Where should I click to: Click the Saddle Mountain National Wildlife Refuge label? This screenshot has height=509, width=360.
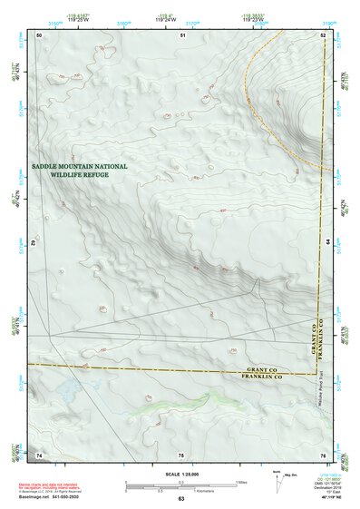pyautogui.click(x=80, y=171)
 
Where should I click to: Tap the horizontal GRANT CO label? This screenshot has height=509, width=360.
pyautogui.click(x=265, y=369)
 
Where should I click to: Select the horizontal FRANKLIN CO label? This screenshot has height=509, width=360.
pyautogui.click(x=265, y=377)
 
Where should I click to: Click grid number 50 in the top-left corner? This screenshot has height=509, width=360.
pyautogui.click(x=39, y=34)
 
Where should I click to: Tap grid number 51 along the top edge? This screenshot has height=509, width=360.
pyautogui.click(x=182, y=34)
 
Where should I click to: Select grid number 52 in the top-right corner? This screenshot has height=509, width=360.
pyautogui.click(x=323, y=34)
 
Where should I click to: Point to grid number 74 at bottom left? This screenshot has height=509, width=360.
pyautogui.click(x=39, y=454)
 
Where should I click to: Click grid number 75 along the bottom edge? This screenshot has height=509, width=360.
pyautogui.click(x=181, y=454)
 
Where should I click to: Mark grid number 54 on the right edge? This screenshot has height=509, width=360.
pyautogui.click(x=327, y=243)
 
